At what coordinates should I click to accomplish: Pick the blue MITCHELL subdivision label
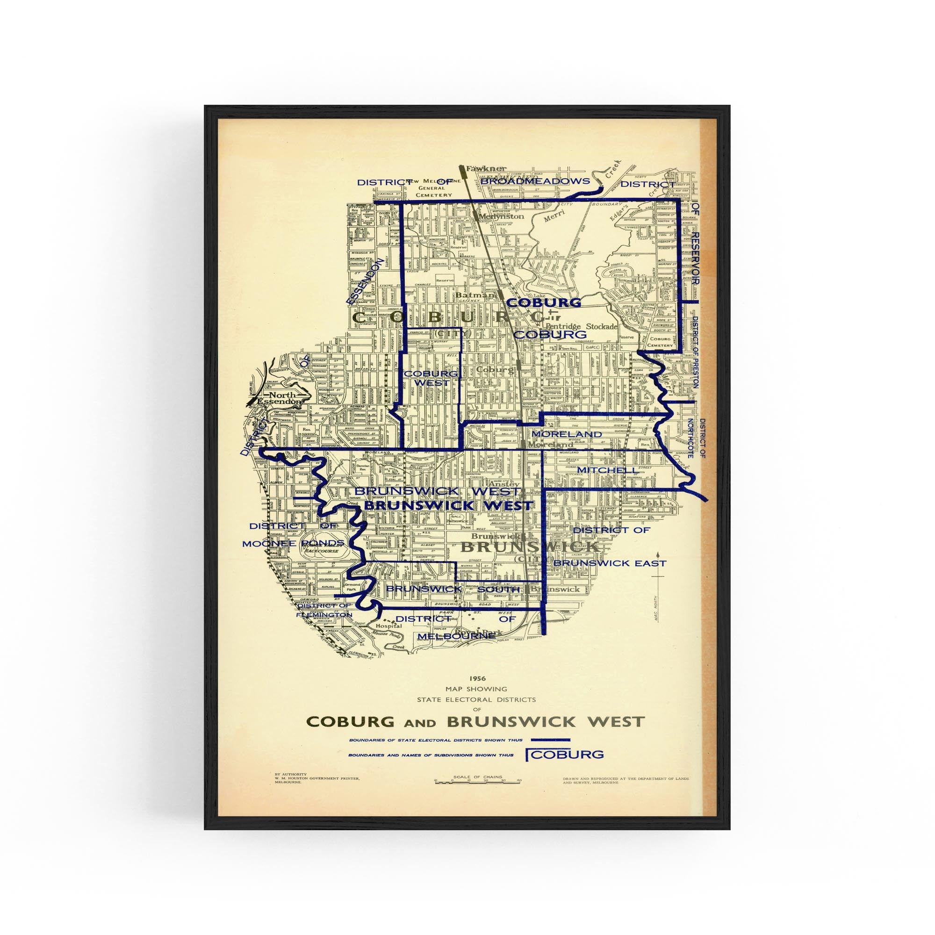[602, 470]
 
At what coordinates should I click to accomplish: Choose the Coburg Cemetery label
[662, 342]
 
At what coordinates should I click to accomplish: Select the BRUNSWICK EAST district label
[610, 563]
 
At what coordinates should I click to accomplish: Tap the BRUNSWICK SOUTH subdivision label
[453, 589]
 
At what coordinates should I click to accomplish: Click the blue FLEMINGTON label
[324, 614]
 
